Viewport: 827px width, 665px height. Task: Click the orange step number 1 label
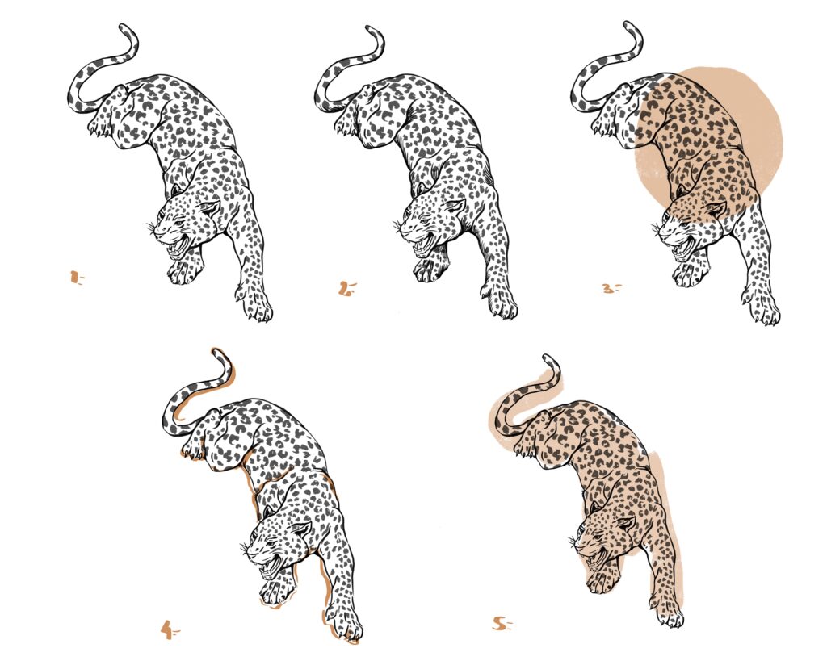tap(77, 278)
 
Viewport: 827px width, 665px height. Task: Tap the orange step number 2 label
tap(347, 288)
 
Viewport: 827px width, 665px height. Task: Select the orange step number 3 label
tap(611, 288)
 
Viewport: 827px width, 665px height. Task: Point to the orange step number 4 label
tap(170, 629)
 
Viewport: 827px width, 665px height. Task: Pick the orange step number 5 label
tap(502, 625)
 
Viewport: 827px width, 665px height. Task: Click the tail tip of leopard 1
tap(124, 27)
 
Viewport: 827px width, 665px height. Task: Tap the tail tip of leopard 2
tap(371, 30)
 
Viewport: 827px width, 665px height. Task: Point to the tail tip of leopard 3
tap(628, 25)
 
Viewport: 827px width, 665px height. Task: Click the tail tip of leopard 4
tap(217, 353)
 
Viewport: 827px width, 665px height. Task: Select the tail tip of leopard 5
tap(548, 358)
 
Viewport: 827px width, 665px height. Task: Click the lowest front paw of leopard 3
tap(762, 309)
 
